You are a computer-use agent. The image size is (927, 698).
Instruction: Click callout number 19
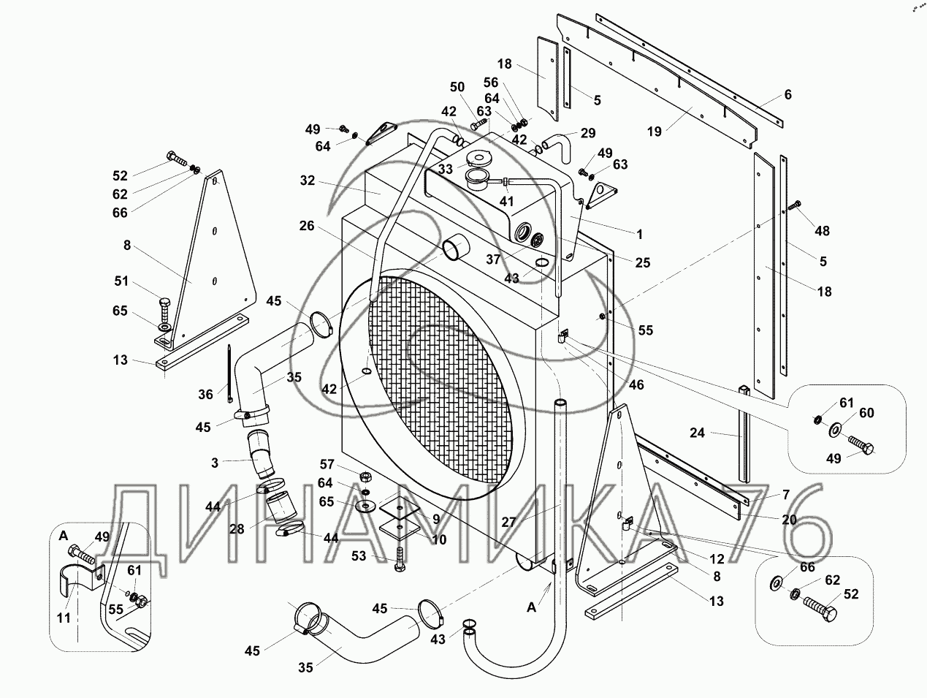point(655,132)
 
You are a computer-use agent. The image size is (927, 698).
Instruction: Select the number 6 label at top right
point(787,94)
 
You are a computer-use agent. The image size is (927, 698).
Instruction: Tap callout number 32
point(307,180)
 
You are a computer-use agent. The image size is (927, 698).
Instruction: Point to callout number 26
point(306,226)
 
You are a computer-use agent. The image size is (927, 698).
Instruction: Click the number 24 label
point(697,433)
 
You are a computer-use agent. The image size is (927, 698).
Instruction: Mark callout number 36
point(205,394)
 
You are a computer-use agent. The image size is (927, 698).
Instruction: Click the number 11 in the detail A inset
point(64,618)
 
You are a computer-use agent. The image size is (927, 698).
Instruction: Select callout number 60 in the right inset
point(866,413)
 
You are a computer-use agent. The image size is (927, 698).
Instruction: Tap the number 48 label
point(822,231)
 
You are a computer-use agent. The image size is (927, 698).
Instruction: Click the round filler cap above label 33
point(479,158)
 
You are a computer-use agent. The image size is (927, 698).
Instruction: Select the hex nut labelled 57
point(365,477)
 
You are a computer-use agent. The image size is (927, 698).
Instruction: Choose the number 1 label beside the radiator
point(639,235)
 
